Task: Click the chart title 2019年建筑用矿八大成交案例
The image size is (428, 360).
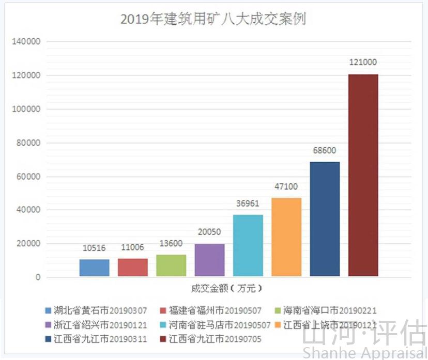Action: (x=213, y=19)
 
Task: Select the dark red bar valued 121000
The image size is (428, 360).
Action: (x=363, y=176)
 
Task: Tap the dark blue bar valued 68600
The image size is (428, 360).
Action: (x=325, y=220)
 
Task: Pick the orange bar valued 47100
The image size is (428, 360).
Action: (x=286, y=237)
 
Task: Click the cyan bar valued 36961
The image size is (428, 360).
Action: (x=248, y=246)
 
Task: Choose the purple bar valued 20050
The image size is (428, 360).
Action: (x=210, y=260)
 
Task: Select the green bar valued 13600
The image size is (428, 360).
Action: (x=171, y=265)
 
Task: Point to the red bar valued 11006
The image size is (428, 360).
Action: (x=133, y=268)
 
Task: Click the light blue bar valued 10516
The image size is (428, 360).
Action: (x=95, y=268)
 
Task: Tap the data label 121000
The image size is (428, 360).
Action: (x=363, y=62)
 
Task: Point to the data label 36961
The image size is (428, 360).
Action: (x=248, y=204)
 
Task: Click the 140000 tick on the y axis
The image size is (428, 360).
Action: (x=25, y=41)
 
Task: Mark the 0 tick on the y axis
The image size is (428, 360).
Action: (x=38, y=277)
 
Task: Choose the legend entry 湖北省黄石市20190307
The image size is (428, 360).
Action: (x=96, y=310)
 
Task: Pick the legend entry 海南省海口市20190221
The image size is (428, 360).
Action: (x=326, y=310)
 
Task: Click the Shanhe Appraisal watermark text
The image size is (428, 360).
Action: (x=365, y=353)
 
